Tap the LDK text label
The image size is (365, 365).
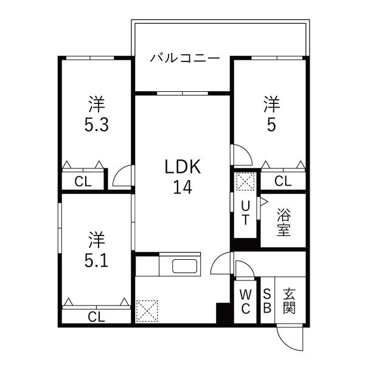(180, 167)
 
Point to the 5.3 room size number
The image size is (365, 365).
(97, 125)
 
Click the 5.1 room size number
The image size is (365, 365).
(97, 260)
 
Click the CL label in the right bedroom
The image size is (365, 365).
(282, 181)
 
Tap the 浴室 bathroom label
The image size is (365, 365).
(283, 222)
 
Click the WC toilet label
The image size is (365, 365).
(246, 301)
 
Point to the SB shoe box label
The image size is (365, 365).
(267, 301)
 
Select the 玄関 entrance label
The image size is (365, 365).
(290, 301)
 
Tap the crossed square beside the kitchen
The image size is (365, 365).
(148, 311)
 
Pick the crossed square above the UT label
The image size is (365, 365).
(245, 182)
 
